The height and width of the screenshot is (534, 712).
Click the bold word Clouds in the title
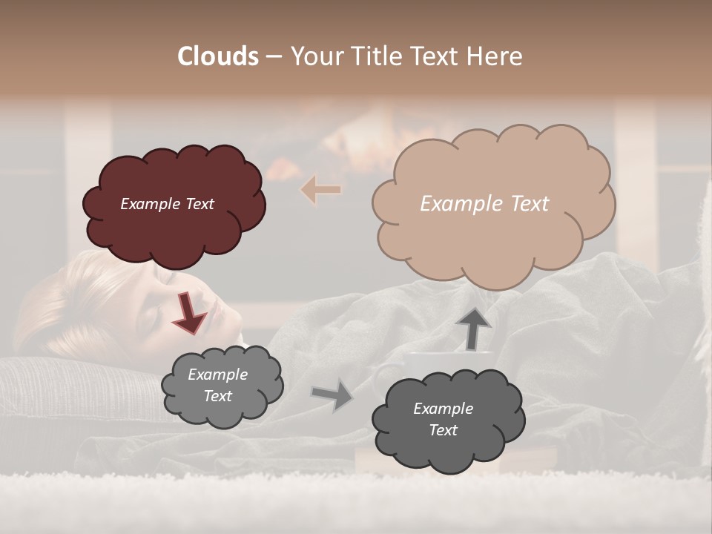218,56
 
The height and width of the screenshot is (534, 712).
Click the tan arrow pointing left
320,190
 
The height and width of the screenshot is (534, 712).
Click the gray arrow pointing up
472,327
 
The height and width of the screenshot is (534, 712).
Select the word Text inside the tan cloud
524,204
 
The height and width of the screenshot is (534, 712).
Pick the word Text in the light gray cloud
218,396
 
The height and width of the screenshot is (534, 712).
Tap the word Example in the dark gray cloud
443,409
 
